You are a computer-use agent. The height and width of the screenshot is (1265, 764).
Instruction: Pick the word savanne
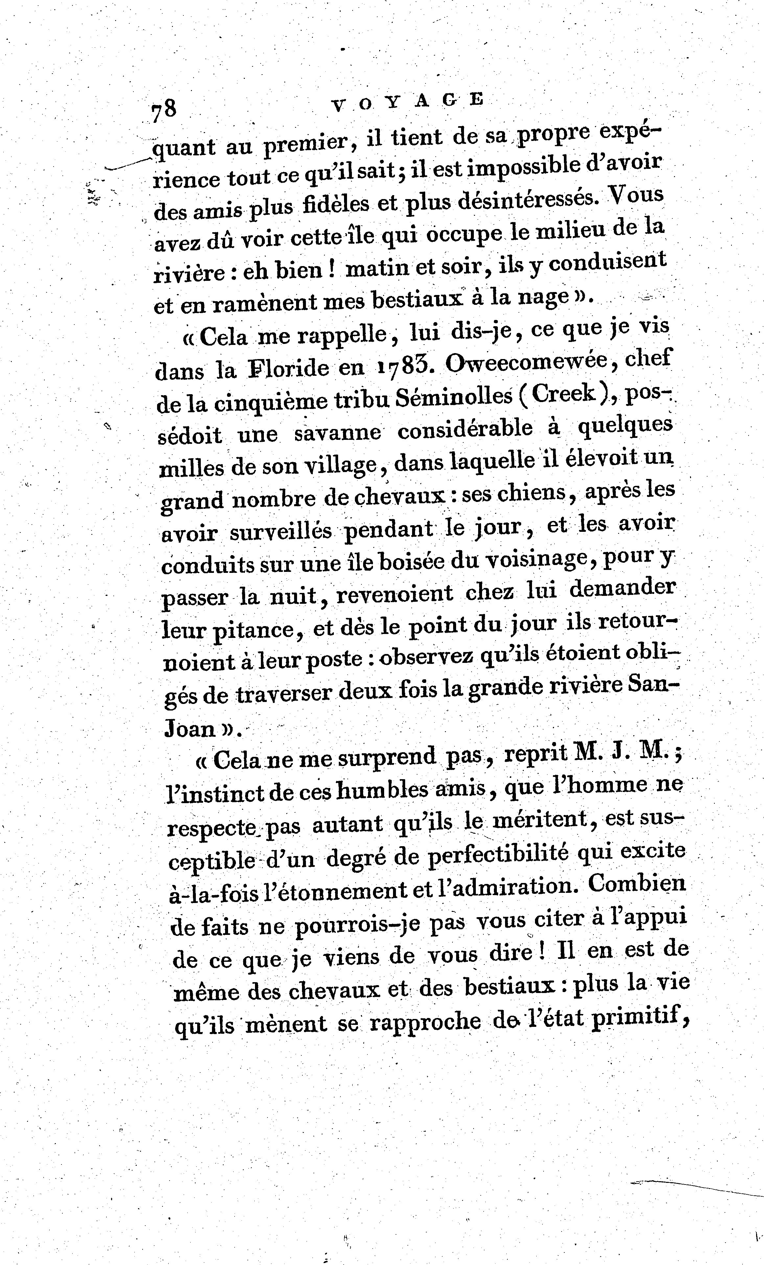(337, 433)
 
